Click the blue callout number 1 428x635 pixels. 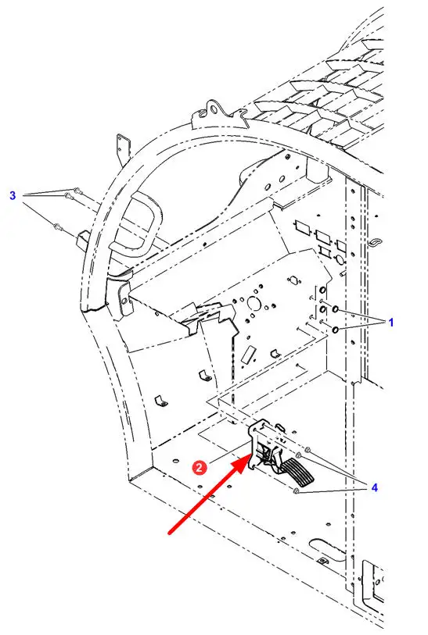point(390,323)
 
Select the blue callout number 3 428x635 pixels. point(13,195)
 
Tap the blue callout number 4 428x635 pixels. point(375,487)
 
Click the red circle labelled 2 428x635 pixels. point(200,468)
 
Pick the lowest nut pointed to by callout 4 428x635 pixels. point(296,491)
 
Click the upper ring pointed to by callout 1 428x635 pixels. point(336,310)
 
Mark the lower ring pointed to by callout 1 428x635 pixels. point(336,330)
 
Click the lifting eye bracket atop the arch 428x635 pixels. point(212,110)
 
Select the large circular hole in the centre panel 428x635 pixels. point(254,304)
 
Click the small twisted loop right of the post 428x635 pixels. point(376,242)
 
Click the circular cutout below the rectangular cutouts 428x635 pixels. point(339,259)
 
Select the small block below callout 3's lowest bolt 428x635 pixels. point(83,238)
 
